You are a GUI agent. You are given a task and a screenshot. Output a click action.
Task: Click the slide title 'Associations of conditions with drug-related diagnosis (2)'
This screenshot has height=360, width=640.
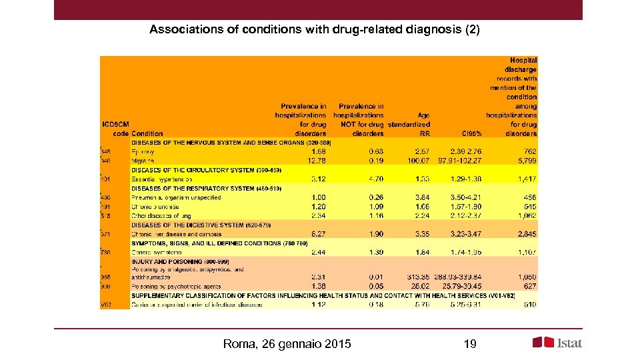point(314,30)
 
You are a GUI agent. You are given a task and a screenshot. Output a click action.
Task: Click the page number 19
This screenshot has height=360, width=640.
point(469,344)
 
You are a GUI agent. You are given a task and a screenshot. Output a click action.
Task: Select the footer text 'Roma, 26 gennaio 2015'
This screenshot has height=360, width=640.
point(287,344)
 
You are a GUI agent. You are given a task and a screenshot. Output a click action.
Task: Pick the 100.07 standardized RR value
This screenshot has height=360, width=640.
point(417,161)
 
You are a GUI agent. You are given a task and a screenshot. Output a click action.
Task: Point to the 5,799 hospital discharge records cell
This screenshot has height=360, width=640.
point(524,161)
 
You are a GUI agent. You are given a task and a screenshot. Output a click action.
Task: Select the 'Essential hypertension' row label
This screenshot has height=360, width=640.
point(161,179)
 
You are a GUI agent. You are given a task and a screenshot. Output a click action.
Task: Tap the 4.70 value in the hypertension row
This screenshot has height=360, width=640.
point(375,179)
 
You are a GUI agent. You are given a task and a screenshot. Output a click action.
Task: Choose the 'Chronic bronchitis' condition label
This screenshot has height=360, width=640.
point(158,207)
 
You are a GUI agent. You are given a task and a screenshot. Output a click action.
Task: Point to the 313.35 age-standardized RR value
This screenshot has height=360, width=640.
point(417,277)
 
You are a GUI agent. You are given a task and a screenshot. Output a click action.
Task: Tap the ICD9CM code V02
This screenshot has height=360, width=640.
point(106,305)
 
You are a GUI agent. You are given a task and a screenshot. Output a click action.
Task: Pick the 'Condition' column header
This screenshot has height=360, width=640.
point(147,133)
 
